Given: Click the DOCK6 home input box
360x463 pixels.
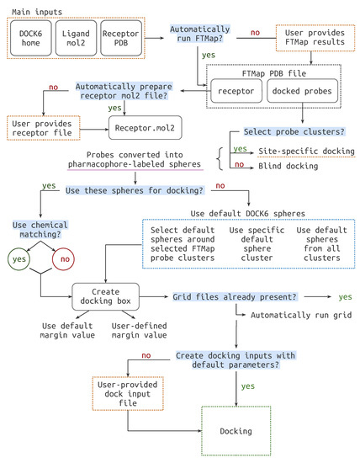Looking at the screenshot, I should click(29, 38).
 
